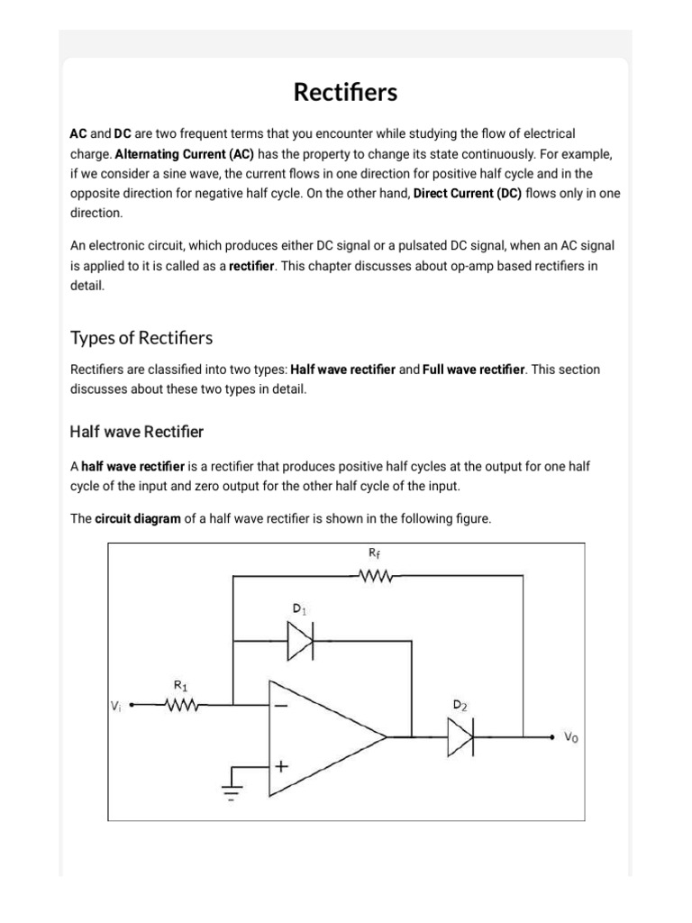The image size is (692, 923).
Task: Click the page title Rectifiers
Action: click(x=345, y=93)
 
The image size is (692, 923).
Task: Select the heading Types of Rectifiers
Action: click(x=141, y=338)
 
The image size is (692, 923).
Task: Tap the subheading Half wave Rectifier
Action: click(x=137, y=432)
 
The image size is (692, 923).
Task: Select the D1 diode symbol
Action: click(x=300, y=642)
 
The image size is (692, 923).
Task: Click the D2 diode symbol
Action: click(x=460, y=737)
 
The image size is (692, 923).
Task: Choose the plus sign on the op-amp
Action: click(x=282, y=767)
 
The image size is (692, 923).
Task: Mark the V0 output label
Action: click(x=571, y=737)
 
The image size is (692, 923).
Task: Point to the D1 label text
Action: click(x=299, y=610)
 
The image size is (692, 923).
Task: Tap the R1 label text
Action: click(x=179, y=685)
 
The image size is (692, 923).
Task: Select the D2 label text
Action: click(x=460, y=704)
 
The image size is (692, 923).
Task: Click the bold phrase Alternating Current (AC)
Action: click(x=185, y=153)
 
